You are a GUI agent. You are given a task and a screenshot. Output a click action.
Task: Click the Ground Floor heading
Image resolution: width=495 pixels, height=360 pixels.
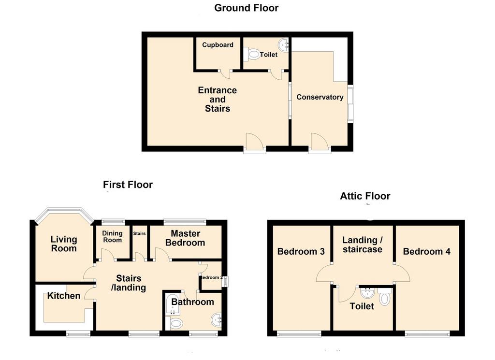[246, 8]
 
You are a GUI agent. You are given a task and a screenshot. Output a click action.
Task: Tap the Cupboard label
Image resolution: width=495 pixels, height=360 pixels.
[218, 45]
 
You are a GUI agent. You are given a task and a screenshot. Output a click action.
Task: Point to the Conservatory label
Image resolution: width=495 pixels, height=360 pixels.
[320, 97]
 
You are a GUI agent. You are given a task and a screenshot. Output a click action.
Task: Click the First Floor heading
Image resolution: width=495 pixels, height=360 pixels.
[128, 185]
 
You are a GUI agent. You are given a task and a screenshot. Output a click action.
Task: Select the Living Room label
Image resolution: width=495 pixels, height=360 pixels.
[64, 244]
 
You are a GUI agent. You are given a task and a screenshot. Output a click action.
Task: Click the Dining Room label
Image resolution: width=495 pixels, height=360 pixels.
[112, 237]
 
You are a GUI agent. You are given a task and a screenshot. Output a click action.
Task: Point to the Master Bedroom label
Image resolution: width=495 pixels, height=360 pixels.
[185, 238]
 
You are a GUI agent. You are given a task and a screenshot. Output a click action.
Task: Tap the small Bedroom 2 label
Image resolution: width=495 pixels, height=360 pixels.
[212, 278]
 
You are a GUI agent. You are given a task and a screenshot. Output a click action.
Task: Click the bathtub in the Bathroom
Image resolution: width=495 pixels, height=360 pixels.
[173, 304]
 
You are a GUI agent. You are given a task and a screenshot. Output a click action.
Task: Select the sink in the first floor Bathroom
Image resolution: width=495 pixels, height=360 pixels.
[216, 320]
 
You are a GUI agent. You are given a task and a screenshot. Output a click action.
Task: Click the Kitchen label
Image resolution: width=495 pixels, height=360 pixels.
[64, 296]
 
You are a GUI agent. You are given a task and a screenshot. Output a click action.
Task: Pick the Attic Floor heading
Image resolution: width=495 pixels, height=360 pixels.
[365, 196]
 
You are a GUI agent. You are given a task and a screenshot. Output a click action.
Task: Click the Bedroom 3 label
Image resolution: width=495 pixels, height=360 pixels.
[301, 251]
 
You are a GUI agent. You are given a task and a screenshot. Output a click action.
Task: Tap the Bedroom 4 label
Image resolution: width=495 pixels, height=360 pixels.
[426, 251]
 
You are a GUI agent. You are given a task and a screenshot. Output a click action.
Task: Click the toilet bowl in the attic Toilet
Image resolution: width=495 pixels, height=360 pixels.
[384, 297]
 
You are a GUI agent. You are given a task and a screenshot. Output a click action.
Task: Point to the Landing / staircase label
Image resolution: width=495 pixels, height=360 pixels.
[363, 245]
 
